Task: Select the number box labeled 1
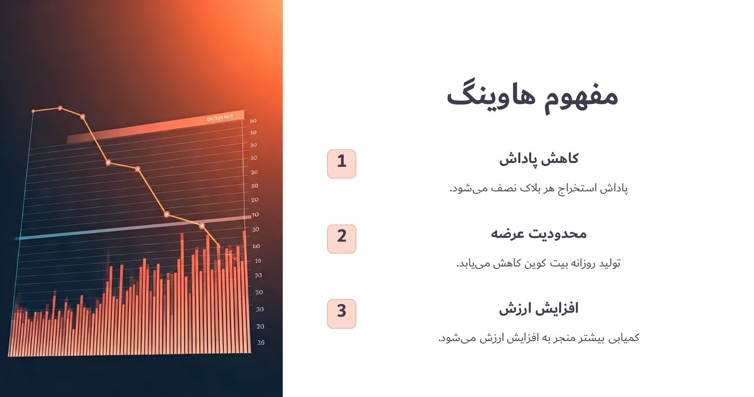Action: tap(342, 163)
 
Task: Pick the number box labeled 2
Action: tap(342, 238)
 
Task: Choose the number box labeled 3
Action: tap(342, 314)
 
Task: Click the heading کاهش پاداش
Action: tap(539, 159)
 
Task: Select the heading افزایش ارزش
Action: tap(539, 309)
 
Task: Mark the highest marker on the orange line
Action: tap(60, 107)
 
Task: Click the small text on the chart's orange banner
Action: tap(219, 118)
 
